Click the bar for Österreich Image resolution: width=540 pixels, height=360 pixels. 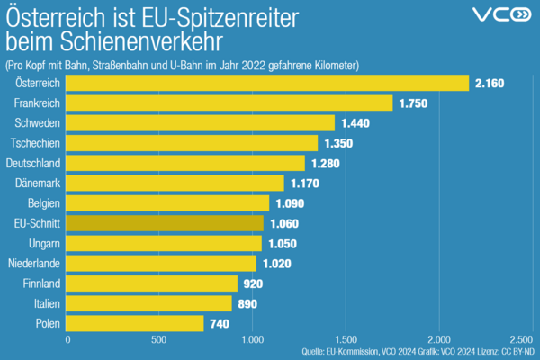(x=268, y=83)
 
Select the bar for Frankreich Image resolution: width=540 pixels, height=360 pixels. (x=230, y=103)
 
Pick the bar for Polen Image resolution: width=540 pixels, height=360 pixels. (x=136, y=323)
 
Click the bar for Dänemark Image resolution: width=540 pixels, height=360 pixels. (x=176, y=183)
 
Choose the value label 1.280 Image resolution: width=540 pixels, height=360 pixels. (x=328, y=164)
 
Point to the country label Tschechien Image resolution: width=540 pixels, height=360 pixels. (x=35, y=143)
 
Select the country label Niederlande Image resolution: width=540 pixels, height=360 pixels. (x=33, y=264)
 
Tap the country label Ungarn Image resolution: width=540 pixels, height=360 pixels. (x=44, y=243)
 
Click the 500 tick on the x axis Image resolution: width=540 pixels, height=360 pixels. (x=160, y=340)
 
